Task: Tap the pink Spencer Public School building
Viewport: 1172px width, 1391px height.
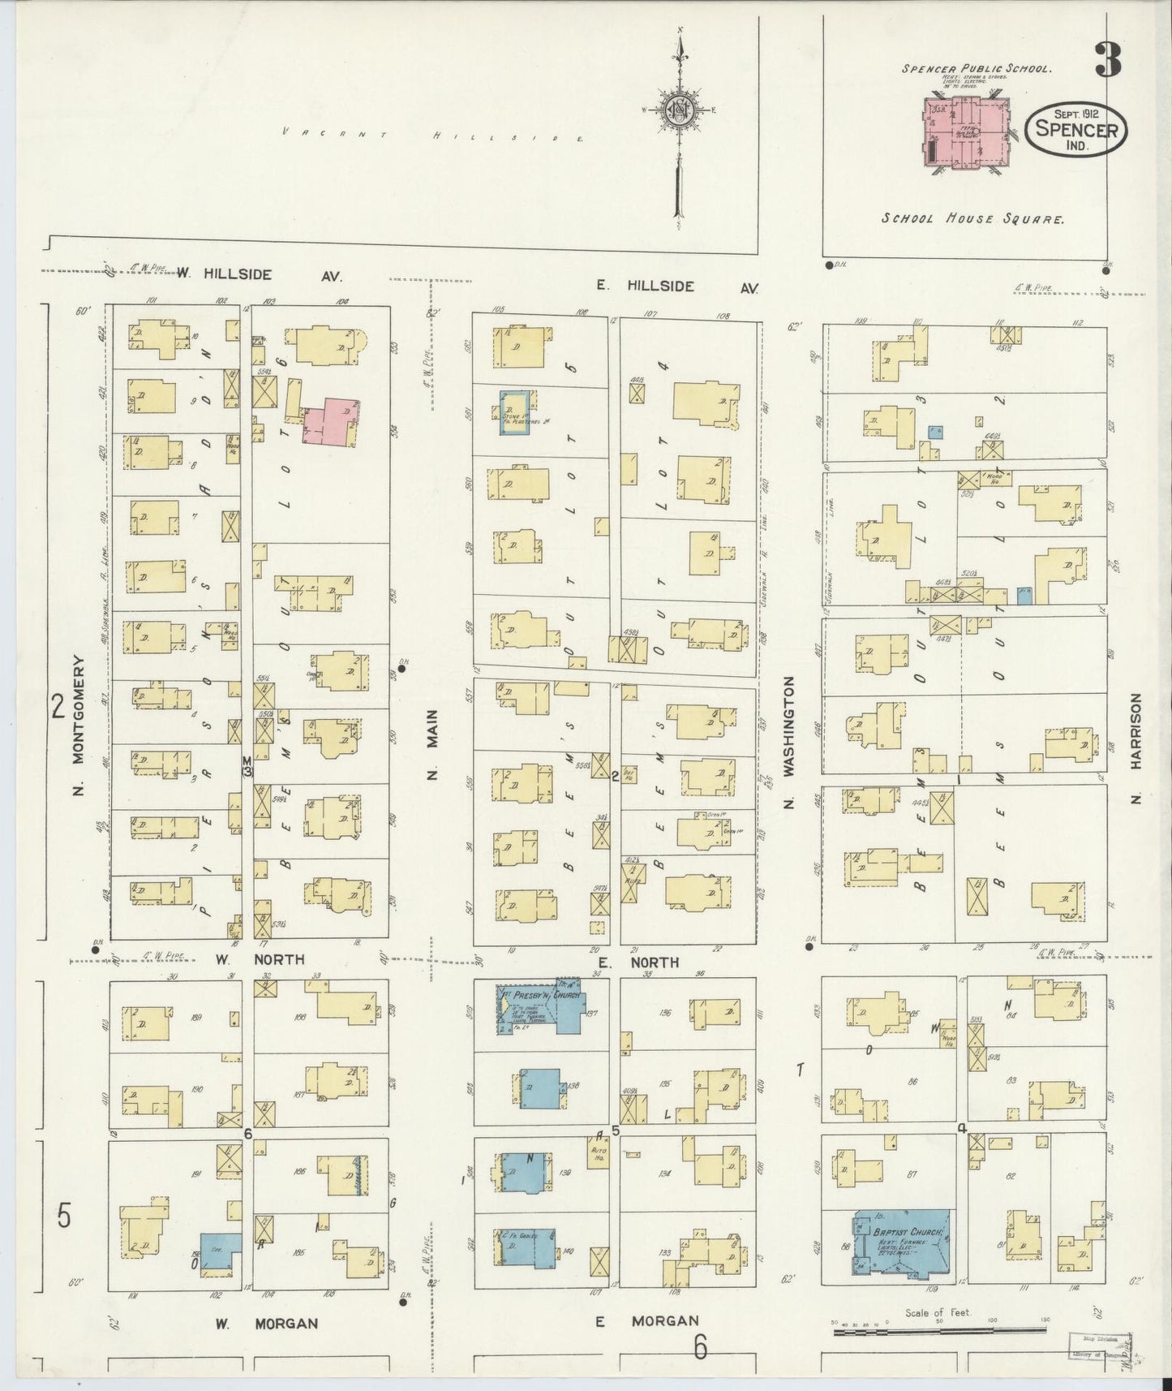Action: tap(965, 131)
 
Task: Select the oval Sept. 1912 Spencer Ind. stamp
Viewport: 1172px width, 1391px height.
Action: tap(1076, 129)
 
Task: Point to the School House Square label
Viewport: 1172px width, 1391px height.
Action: tap(972, 219)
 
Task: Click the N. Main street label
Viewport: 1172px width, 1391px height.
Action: tap(432, 744)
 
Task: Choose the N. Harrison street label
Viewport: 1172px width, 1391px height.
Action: tap(1136, 747)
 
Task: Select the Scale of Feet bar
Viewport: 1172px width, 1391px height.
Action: tap(939, 1330)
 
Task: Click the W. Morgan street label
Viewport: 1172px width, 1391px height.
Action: tap(266, 1324)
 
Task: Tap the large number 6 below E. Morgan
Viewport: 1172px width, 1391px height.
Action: tap(701, 1348)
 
